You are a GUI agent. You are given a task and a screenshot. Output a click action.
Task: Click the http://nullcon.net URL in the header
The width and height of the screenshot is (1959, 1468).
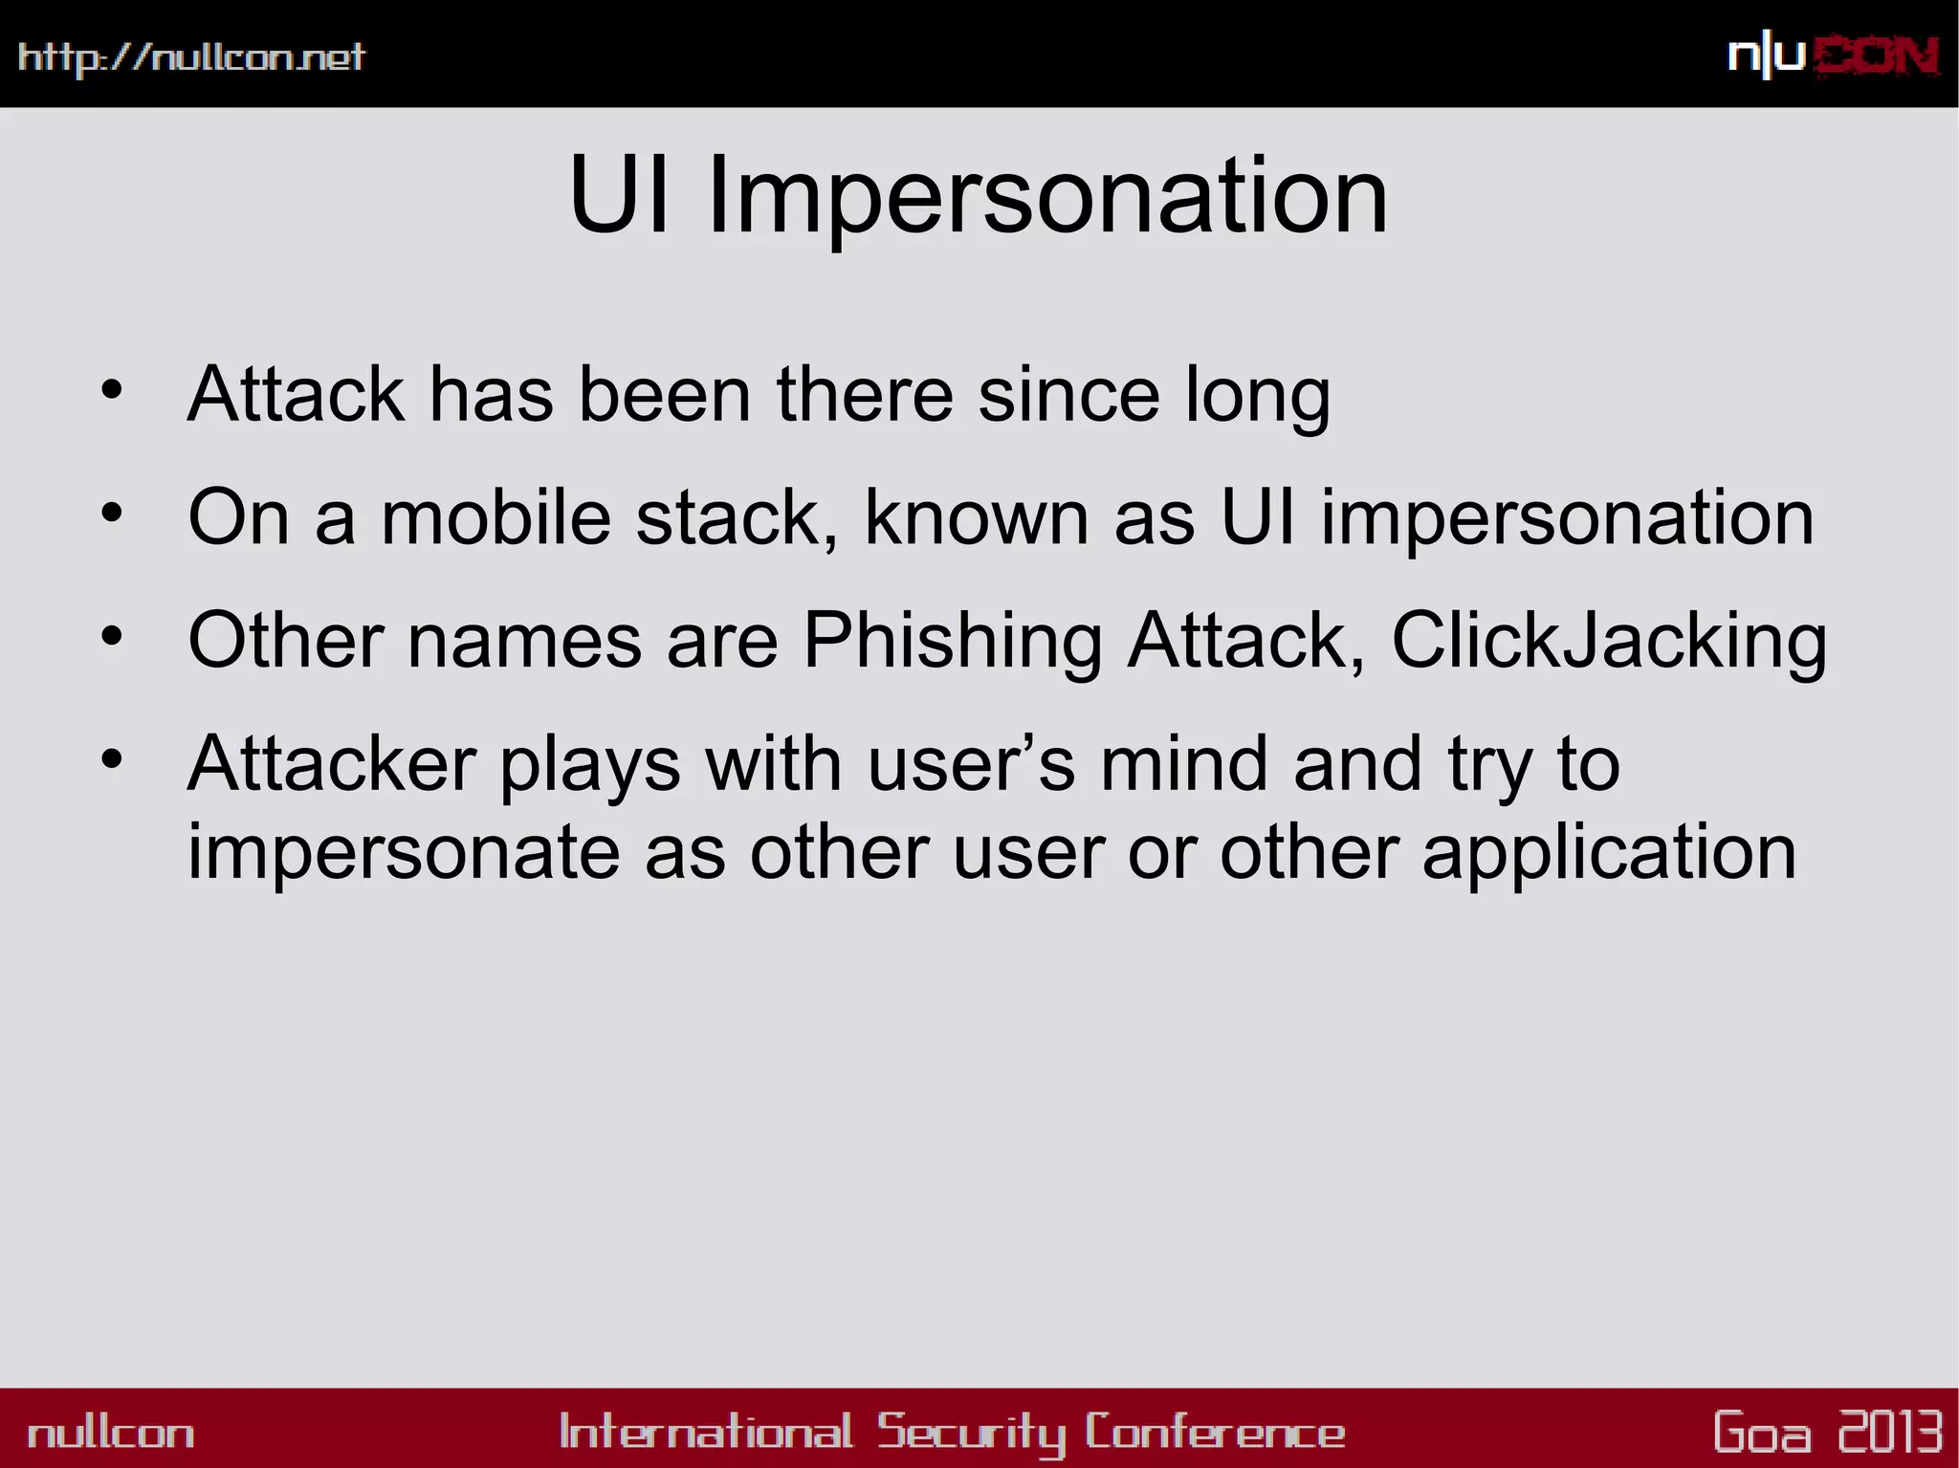191,57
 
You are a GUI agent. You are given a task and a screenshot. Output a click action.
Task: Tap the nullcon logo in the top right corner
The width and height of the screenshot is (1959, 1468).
1833,57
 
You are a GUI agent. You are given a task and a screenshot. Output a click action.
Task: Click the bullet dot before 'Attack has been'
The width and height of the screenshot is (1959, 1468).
112,390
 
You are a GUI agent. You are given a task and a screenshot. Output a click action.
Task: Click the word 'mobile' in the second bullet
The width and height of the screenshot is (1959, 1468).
495,517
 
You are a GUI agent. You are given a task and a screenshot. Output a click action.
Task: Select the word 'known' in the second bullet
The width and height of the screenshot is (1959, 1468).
976,517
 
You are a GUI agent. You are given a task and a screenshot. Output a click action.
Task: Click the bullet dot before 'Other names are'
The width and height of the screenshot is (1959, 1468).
112,636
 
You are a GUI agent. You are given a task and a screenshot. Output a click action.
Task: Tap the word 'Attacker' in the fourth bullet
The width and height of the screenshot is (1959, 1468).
331,764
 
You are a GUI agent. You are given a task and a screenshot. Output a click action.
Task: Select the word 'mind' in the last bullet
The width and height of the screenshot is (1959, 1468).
1184,764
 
